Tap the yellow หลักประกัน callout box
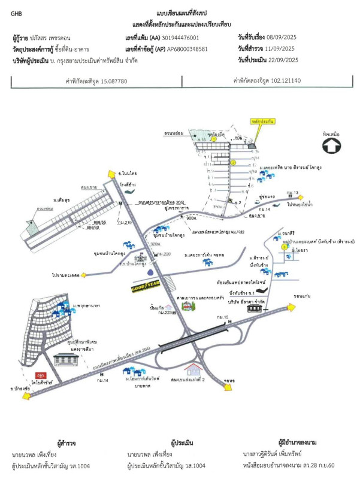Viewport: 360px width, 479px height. coord(263,121)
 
